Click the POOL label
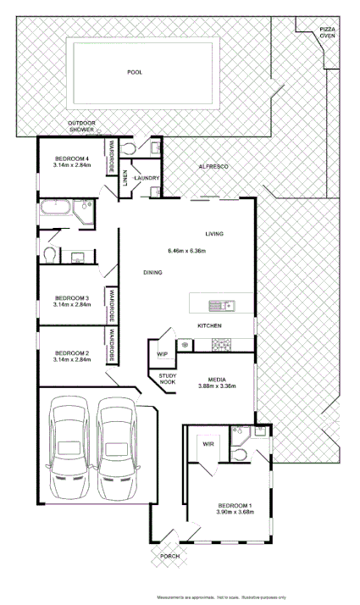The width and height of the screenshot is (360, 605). click(134, 72)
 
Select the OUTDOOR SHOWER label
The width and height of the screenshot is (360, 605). click(82, 127)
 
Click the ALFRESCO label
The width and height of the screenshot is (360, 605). click(213, 167)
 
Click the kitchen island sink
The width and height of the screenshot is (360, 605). click(224, 304)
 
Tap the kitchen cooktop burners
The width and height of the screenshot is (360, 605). click(222, 344)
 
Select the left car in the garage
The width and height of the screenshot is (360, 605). click(68, 448)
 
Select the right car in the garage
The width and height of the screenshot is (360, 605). click(115, 448)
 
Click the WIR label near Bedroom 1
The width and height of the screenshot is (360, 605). click(207, 443)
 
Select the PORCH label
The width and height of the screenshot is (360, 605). click(169, 556)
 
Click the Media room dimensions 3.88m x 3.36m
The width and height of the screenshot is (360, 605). click(216, 386)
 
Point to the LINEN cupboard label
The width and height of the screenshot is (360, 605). click(125, 178)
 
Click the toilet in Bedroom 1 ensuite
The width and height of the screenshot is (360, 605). click(240, 456)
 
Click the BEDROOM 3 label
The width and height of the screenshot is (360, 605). click(71, 297)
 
